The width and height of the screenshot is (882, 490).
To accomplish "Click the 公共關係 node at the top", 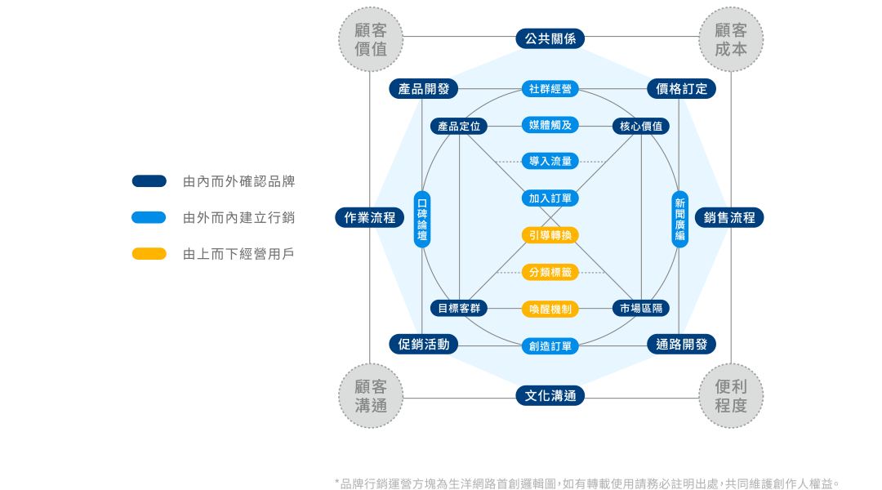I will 550,38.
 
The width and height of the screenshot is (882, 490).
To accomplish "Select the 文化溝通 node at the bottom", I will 550,396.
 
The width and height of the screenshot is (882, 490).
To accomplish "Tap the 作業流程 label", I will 369,217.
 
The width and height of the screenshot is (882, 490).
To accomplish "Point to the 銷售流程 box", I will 729,217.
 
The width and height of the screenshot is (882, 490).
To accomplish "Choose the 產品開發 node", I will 423,89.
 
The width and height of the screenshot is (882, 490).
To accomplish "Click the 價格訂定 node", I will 681,89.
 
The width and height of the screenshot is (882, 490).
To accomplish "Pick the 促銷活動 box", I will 423,344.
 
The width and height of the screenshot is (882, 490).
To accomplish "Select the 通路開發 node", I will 681,344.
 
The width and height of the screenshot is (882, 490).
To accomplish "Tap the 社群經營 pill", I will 550,89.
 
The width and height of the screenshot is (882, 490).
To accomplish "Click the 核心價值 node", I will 641,127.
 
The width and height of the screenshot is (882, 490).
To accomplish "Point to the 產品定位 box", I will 459,127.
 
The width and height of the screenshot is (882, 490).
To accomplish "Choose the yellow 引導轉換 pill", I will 550,235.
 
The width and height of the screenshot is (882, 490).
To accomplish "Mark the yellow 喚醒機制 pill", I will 550,309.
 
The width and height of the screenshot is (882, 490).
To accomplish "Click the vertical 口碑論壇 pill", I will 422,219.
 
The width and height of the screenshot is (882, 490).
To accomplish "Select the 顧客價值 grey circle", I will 371,40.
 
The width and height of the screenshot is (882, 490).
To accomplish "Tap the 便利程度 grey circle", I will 731,395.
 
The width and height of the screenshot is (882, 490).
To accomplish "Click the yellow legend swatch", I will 149,254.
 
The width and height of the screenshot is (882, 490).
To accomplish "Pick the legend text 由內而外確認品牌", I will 238,181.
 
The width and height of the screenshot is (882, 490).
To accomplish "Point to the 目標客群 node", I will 459,309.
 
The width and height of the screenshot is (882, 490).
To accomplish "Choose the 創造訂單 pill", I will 550,346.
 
